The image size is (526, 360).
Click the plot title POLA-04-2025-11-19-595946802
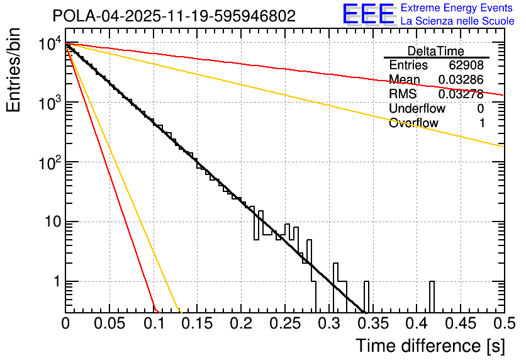pos(174,16)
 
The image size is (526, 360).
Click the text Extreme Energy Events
pos(457,8)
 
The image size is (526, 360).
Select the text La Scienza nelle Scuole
pos(457,21)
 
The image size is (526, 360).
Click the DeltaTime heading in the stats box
pos(436,51)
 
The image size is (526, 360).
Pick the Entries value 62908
pos(466,65)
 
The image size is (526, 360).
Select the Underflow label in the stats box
pos(416,109)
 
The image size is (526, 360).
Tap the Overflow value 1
pos(481,123)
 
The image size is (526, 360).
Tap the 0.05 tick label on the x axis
pos(109,324)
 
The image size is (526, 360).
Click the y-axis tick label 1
pos(55,281)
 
